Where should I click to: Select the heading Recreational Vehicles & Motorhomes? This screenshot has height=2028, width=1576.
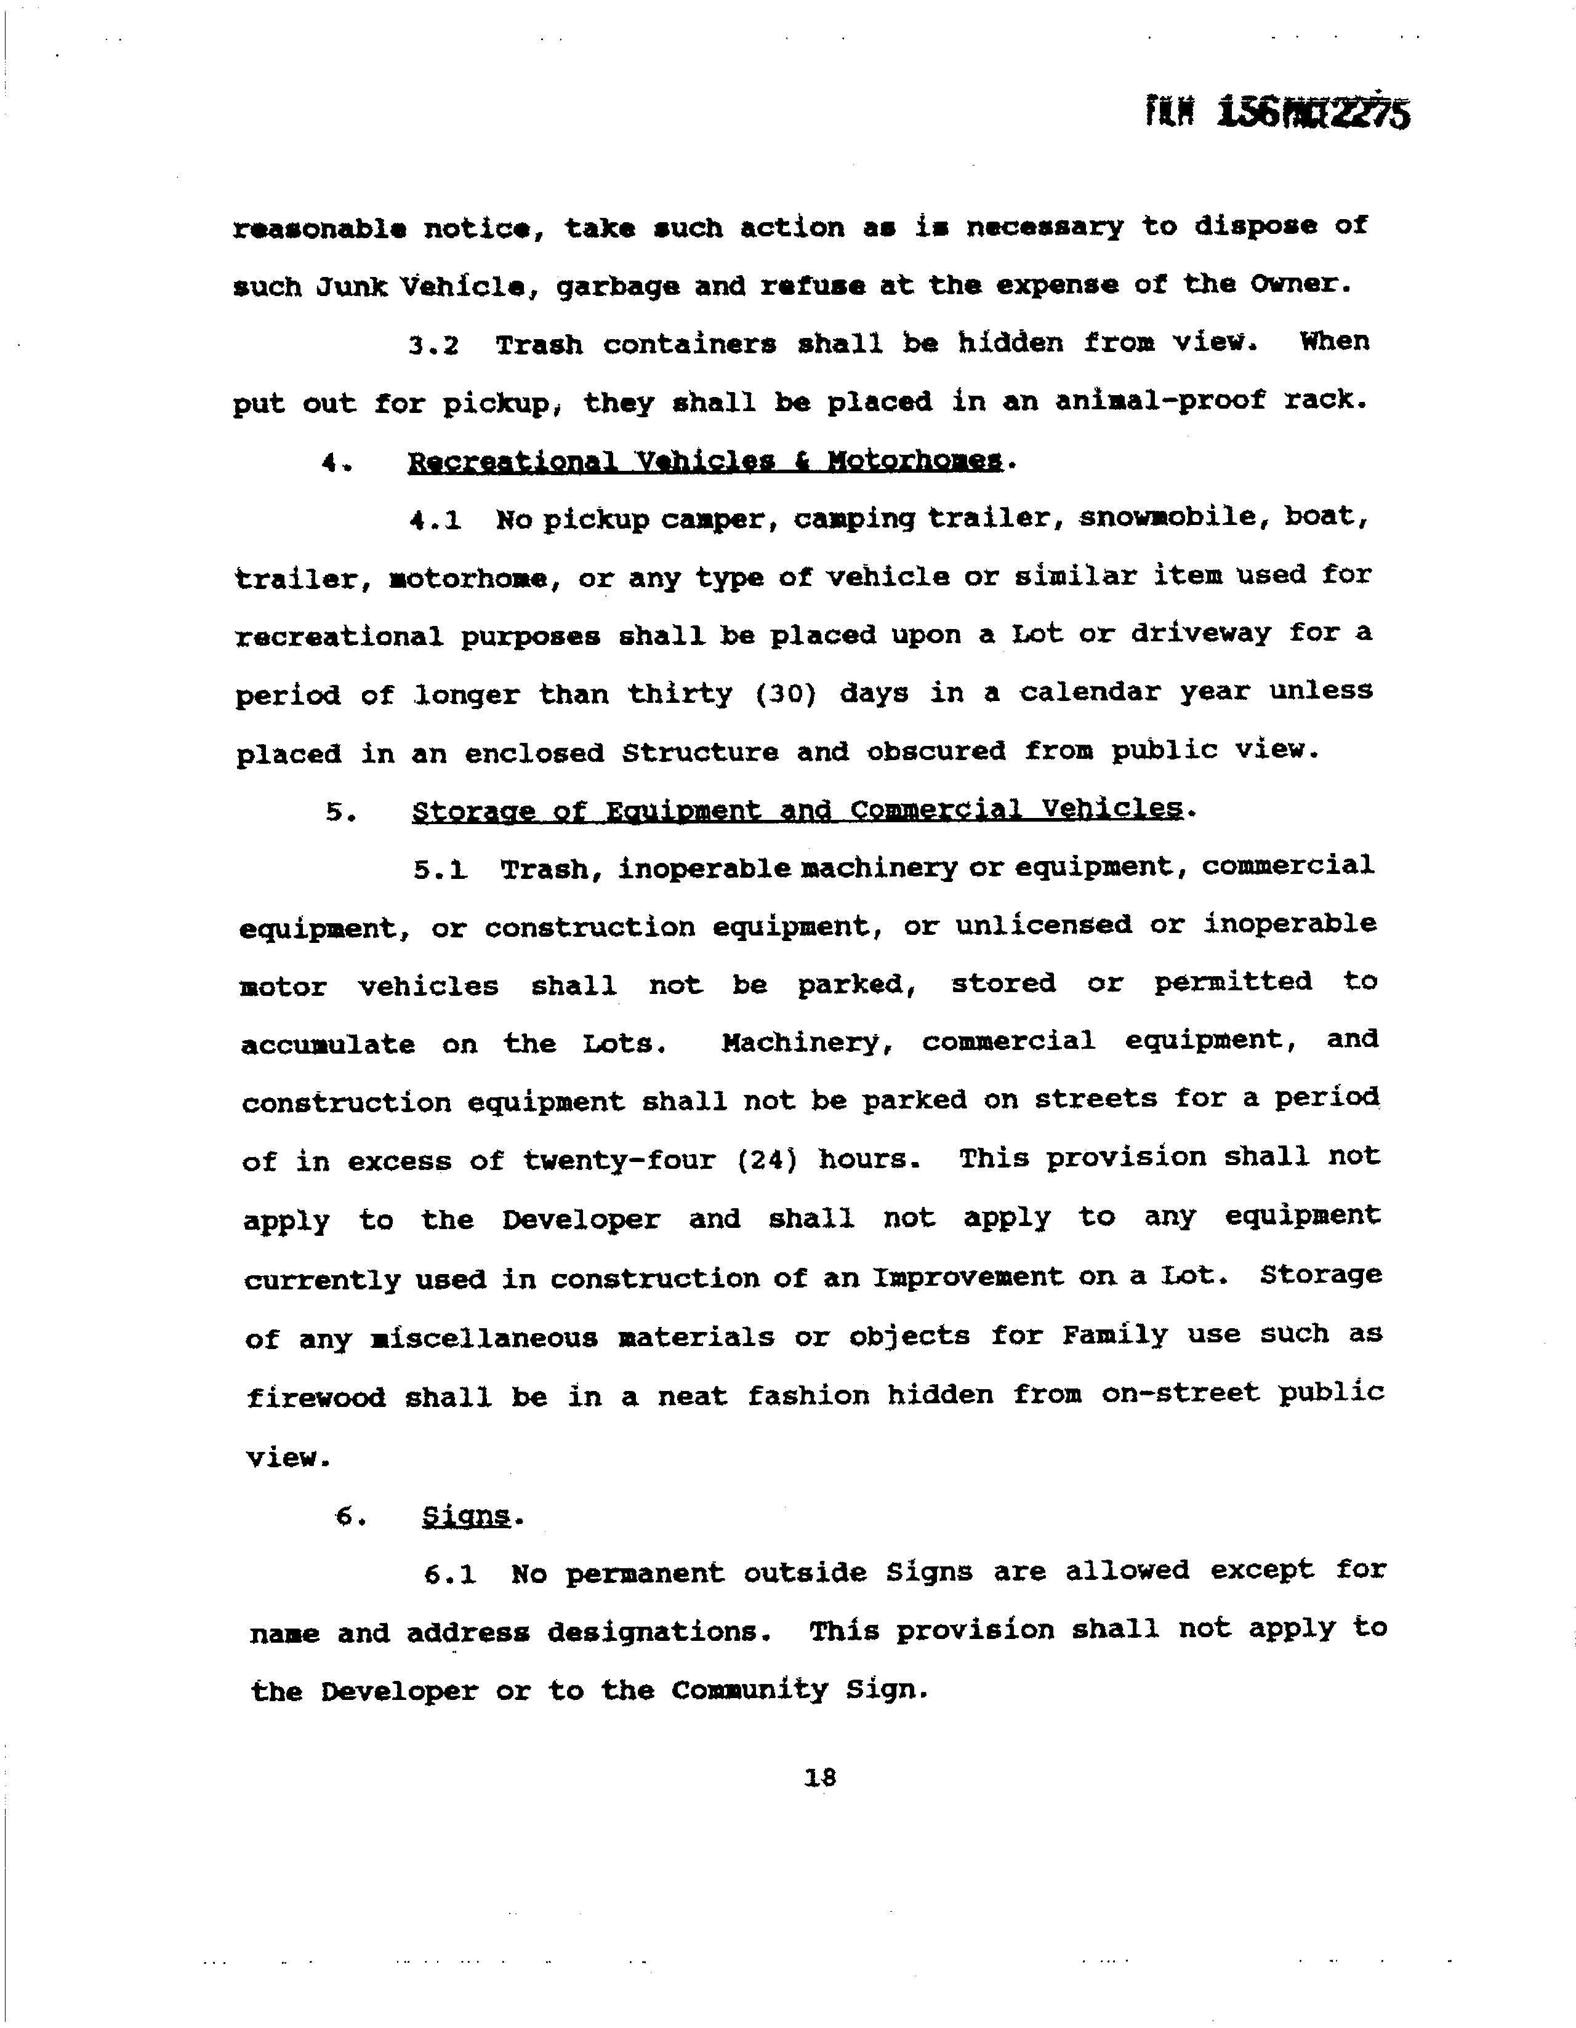(x=705, y=462)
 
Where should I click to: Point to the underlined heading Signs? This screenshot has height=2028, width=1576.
(x=465, y=1517)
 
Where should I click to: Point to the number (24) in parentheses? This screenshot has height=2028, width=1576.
(x=767, y=1160)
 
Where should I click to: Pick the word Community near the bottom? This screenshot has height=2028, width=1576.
(x=749, y=1690)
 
